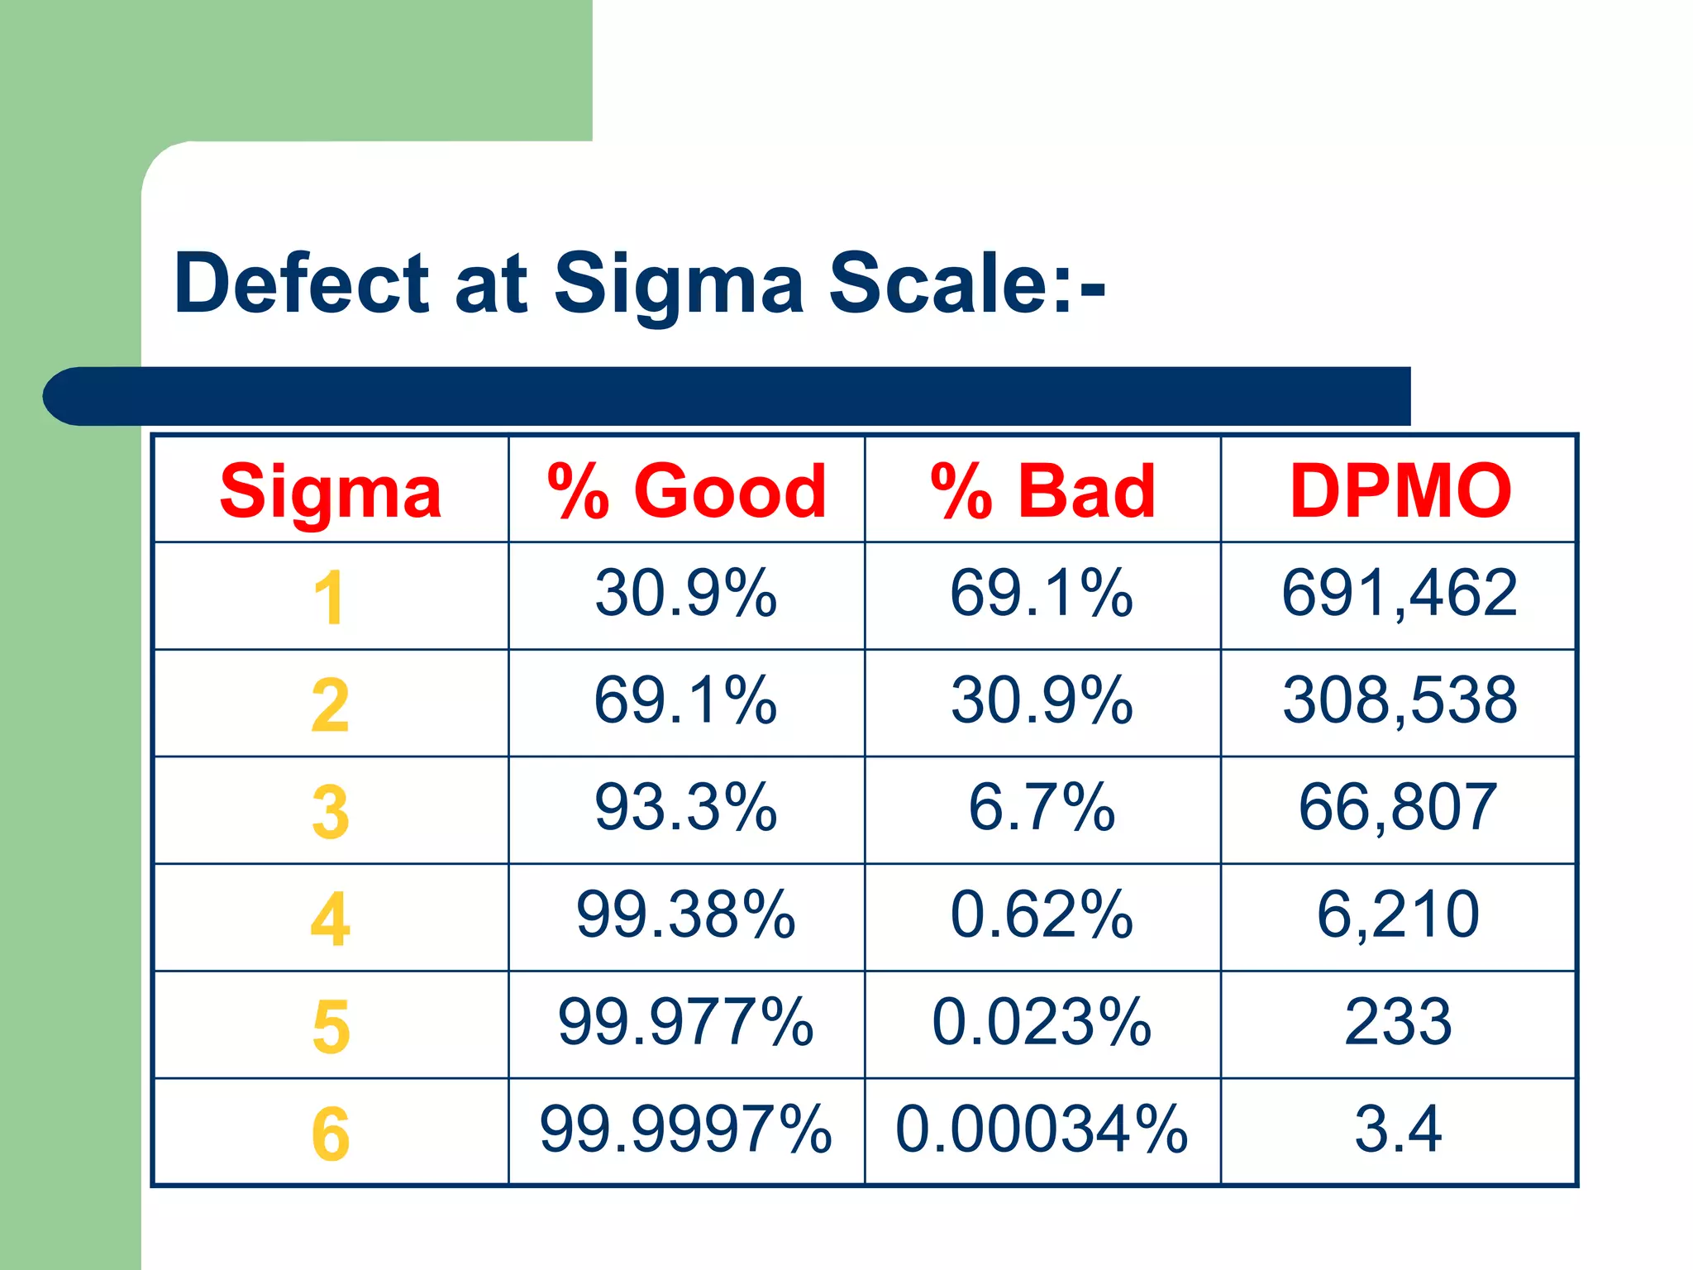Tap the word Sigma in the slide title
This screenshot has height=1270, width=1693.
pyautogui.click(x=678, y=284)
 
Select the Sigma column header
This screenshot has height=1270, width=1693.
pyautogui.click(x=331, y=491)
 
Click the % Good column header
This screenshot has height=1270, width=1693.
pyautogui.click(x=686, y=491)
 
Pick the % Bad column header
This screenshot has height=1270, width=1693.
pyautogui.click(x=1042, y=491)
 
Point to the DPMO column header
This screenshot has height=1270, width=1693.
pyautogui.click(x=1400, y=491)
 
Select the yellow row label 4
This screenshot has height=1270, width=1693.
pyautogui.click(x=330, y=919)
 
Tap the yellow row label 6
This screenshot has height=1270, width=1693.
pyautogui.click(x=331, y=1134)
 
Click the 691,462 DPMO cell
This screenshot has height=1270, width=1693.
pyautogui.click(x=1399, y=594)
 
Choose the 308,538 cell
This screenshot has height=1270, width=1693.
pyautogui.click(x=1399, y=701)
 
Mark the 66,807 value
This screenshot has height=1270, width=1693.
pyautogui.click(x=1397, y=808)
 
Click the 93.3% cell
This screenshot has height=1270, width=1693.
pyautogui.click(x=685, y=808)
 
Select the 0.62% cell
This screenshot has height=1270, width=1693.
pyautogui.click(x=1042, y=915)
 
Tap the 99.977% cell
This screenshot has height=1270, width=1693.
pyautogui.click(x=685, y=1023)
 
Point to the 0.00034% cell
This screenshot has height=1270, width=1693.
pyautogui.click(x=1042, y=1129)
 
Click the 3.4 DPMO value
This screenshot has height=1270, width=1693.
pyautogui.click(x=1398, y=1129)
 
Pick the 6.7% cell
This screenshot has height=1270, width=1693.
pyautogui.click(x=1042, y=808)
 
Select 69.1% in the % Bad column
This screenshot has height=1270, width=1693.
pyautogui.click(x=1042, y=594)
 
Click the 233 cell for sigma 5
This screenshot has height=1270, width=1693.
pyautogui.click(x=1398, y=1023)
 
